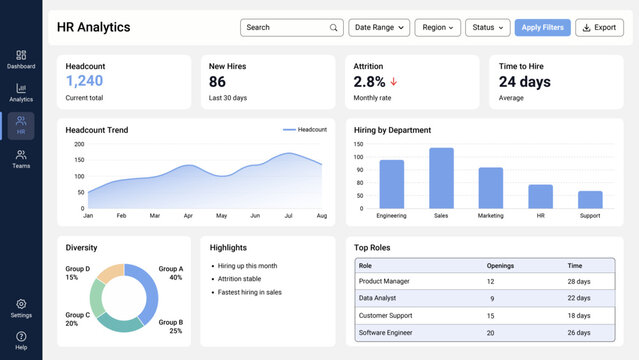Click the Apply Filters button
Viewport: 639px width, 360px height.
click(x=542, y=28)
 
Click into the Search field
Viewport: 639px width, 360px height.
click(x=291, y=28)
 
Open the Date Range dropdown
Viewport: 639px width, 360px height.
click(x=378, y=28)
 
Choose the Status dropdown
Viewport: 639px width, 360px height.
click(x=487, y=28)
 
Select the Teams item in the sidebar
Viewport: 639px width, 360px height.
click(x=21, y=159)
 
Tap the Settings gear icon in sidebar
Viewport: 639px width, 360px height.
click(x=21, y=304)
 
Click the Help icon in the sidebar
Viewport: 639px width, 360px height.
click(x=21, y=337)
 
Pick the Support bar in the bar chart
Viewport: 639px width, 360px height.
click(x=590, y=199)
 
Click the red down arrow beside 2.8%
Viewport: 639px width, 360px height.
click(x=393, y=82)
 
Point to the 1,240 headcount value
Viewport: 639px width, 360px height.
click(x=84, y=81)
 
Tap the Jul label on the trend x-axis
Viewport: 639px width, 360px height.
click(x=288, y=215)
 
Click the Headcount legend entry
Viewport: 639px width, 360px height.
click(x=305, y=130)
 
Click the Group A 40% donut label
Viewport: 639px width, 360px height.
click(x=170, y=273)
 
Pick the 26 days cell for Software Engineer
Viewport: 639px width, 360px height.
click(x=579, y=332)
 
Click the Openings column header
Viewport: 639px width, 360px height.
click(x=500, y=265)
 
